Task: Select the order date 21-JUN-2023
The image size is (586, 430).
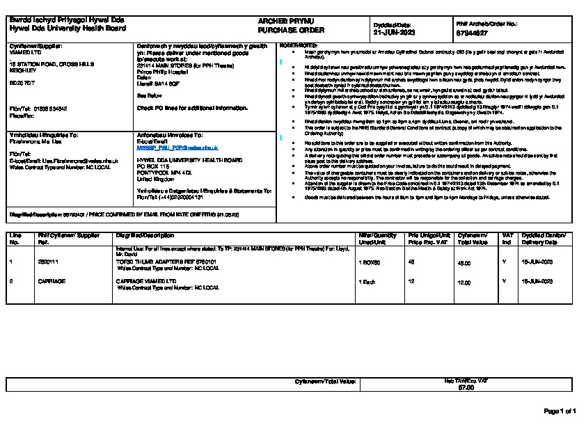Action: pyautogui.click(x=394, y=33)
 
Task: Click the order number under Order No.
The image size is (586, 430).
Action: pyautogui.click(x=471, y=33)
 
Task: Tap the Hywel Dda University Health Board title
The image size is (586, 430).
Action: pyautogui.click(x=68, y=29)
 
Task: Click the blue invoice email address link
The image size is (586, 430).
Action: pyautogui.click(x=177, y=148)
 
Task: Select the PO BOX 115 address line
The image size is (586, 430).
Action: pyautogui.click(x=153, y=166)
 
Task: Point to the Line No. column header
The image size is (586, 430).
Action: pyautogui.click(x=15, y=239)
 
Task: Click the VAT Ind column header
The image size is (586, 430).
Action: pyautogui.click(x=507, y=239)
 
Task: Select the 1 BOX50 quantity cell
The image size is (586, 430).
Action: pyautogui.click(x=369, y=263)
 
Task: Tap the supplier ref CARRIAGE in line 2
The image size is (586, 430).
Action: pyautogui.click(x=52, y=282)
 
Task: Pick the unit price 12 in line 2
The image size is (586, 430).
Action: pyautogui.click(x=411, y=282)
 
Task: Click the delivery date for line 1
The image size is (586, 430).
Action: pyautogui.click(x=537, y=263)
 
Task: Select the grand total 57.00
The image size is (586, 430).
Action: pyautogui.click(x=466, y=388)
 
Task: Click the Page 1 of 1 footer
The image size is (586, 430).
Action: pyautogui.click(x=560, y=411)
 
